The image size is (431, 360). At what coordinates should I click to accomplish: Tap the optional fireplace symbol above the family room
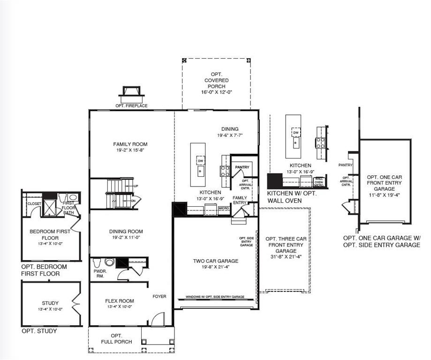click(x=131, y=92)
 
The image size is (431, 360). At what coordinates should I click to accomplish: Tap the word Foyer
click(x=159, y=296)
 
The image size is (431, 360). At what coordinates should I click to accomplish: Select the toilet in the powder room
click(x=109, y=262)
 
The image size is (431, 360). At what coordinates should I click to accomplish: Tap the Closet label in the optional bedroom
click(x=34, y=204)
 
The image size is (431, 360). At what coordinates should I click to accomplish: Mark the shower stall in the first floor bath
click(x=49, y=207)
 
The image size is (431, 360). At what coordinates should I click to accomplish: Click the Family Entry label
click(x=240, y=200)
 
